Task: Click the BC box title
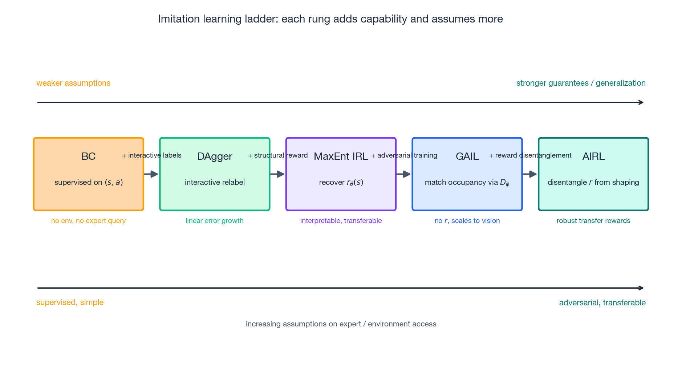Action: pyautogui.click(x=88, y=156)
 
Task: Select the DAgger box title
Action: pyautogui.click(x=215, y=156)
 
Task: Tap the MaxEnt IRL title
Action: pyautogui.click(x=341, y=156)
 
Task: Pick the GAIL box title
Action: pyautogui.click(x=467, y=156)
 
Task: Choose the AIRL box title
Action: pyautogui.click(x=593, y=156)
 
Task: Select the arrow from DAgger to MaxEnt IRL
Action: pyautogui.click(x=277, y=174)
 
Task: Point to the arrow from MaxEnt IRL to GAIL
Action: pyautogui.click(x=404, y=174)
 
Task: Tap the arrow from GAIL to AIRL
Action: pyautogui.click(x=530, y=174)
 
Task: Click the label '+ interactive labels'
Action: pyautogui.click(x=151, y=155)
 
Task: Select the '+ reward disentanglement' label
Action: pyautogui.click(x=530, y=155)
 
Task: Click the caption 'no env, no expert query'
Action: pyautogui.click(x=88, y=221)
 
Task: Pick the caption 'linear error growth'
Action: pyautogui.click(x=215, y=221)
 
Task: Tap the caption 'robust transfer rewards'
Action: pyautogui.click(x=593, y=221)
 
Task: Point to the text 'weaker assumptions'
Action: pyautogui.click(x=73, y=83)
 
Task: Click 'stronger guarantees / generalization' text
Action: pyautogui.click(x=581, y=83)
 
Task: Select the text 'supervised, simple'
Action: pyautogui.click(x=70, y=302)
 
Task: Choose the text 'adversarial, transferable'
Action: pyautogui.click(x=602, y=303)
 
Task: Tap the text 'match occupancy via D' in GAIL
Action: pyautogui.click(x=467, y=183)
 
